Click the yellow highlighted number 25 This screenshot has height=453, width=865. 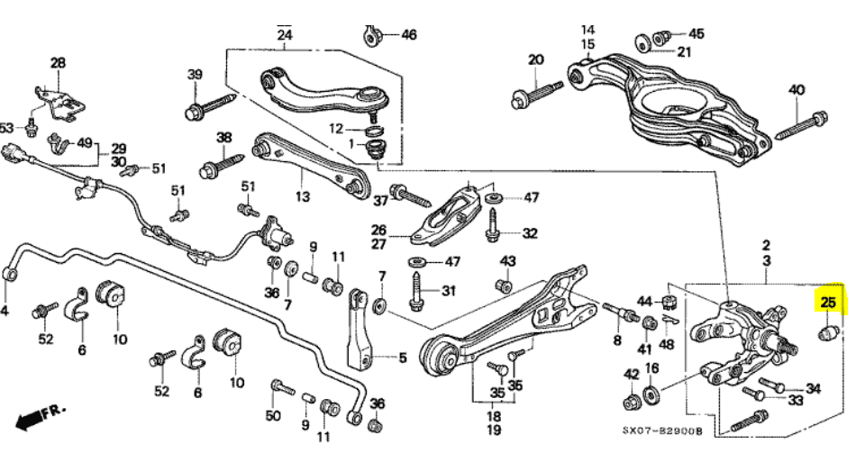tap(828, 304)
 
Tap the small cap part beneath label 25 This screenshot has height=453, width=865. tap(828, 336)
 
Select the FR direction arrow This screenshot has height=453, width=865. tap(41, 417)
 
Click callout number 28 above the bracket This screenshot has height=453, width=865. tap(59, 63)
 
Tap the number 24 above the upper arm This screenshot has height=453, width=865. tap(285, 36)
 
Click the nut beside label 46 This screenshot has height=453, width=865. tap(372, 36)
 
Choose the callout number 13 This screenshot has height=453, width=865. tap(302, 195)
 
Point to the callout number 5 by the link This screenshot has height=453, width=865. tap(402, 358)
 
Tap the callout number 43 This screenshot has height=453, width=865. tap(508, 261)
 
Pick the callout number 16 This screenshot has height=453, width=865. tap(652, 368)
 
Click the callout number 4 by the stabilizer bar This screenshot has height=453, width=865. tap(5, 312)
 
